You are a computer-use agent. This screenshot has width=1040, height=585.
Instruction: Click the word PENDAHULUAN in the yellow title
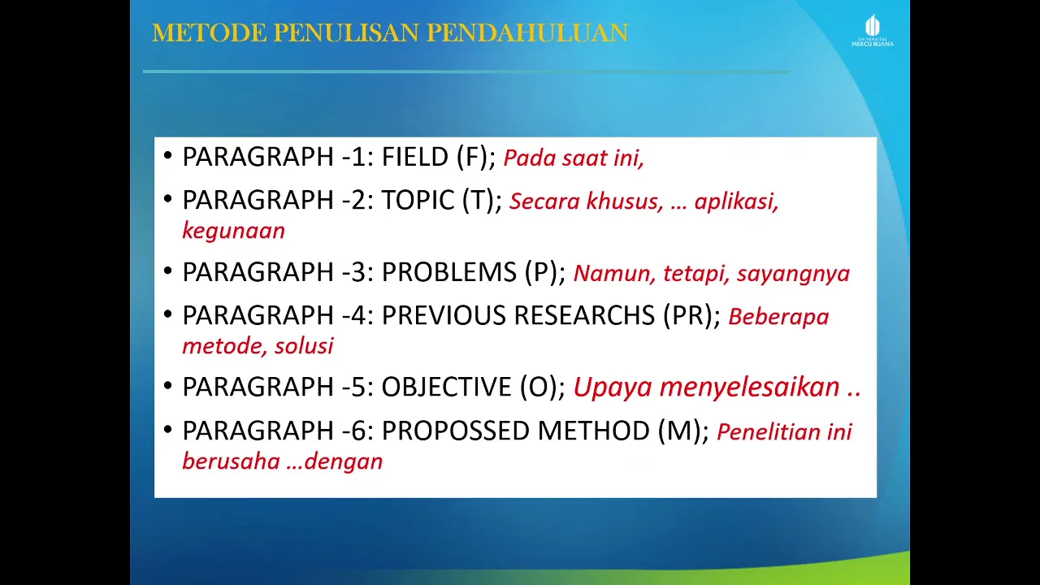click(527, 32)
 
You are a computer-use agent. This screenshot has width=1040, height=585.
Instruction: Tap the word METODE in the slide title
click(210, 32)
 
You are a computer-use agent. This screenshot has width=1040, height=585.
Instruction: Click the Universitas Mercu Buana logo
click(872, 30)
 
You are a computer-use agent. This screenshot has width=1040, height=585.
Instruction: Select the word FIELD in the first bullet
click(414, 157)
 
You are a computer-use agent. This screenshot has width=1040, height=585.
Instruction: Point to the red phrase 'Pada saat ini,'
click(574, 158)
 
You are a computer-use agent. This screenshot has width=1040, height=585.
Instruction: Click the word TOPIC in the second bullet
click(418, 200)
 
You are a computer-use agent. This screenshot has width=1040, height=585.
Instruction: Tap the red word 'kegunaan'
click(233, 231)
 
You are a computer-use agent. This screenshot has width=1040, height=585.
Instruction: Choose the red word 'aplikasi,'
click(736, 201)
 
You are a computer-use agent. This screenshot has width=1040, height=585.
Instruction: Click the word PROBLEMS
click(449, 272)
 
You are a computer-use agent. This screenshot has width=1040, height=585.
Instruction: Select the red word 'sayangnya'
click(793, 274)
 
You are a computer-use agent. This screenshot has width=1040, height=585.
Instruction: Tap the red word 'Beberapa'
click(778, 317)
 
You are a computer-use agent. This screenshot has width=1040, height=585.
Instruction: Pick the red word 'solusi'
click(304, 346)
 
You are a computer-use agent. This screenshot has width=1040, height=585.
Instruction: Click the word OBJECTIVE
click(446, 387)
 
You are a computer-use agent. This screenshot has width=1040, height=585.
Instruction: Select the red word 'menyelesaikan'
click(749, 387)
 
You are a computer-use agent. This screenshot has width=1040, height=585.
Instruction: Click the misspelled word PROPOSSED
click(456, 431)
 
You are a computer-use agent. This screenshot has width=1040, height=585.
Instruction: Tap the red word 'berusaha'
click(232, 461)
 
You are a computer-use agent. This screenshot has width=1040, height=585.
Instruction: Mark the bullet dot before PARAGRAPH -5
click(168, 385)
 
